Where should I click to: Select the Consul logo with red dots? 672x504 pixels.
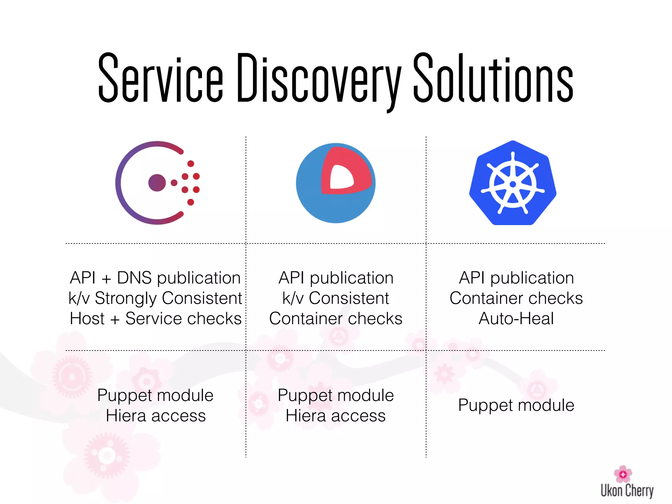click(x=157, y=183)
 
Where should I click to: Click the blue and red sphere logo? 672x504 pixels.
click(x=336, y=183)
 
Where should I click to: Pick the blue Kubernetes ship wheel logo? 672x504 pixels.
click(x=513, y=183)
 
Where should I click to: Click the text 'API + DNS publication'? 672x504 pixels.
click(x=156, y=278)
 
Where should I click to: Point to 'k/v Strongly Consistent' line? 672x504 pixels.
click(x=156, y=298)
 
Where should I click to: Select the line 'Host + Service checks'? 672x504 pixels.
click(x=156, y=319)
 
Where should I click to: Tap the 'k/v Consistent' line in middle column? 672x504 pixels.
click(x=336, y=298)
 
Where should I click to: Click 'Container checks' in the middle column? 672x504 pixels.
click(x=336, y=319)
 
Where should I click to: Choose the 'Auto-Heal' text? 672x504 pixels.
click(x=516, y=319)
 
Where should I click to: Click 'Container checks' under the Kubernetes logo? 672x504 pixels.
click(x=516, y=298)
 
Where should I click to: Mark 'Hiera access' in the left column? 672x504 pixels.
click(x=156, y=416)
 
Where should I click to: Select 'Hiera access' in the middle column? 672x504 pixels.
click(x=336, y=416)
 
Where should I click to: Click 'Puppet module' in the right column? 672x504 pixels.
click(x=516, y=406)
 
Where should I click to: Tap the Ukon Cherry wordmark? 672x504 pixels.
click(x=627, y=491)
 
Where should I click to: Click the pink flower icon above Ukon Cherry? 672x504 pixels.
click(x=623, y=474)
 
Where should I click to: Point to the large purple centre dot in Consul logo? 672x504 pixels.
click(x=157, y=183)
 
